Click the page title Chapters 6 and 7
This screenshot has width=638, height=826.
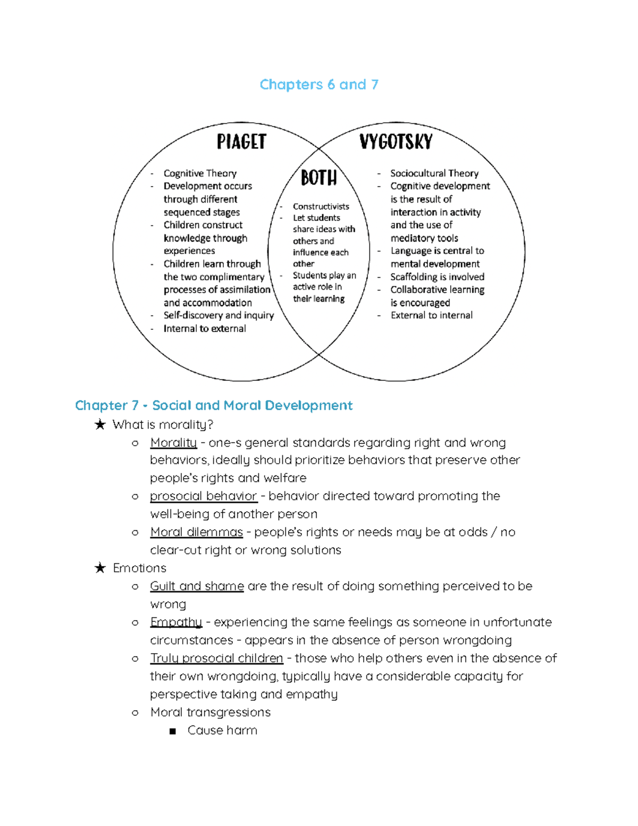click(318, 85)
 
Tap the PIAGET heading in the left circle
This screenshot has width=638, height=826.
click(241, 142)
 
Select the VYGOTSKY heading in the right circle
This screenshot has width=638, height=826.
click(396, 142)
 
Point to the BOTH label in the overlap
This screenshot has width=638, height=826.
click(318, 178)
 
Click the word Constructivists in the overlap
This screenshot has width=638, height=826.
click(321, 206)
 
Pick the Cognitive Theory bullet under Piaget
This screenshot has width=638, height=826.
click(200, 173)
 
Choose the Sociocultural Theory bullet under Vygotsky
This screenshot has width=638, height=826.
click(434, 173)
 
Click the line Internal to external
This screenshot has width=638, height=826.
click(205, 329)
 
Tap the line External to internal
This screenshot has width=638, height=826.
click(431, 315)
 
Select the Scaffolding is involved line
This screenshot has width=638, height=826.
click(437, 277)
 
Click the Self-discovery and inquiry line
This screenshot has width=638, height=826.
click(219, 315)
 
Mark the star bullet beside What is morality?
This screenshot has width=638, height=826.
click(100, 424)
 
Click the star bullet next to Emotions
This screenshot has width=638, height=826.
click(100, 568)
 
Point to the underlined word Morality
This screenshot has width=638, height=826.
click(173, 443)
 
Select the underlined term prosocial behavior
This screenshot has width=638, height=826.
click(203, 496)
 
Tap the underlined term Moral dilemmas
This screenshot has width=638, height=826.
click(196, 532)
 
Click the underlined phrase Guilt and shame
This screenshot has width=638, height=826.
click(197, 586)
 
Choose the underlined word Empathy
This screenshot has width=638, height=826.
click(176, 622)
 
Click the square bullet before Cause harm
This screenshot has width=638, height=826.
click(172, 731)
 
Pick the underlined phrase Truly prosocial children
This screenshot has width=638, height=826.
click(216, 658)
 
